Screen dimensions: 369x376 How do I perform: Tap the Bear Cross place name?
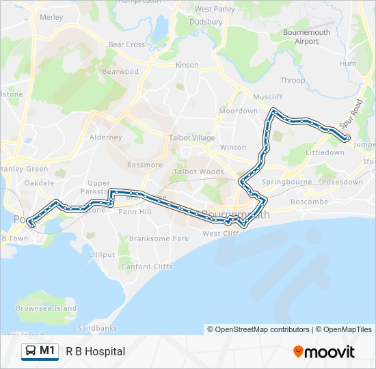(126, 44)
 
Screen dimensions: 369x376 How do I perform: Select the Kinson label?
(187, 65)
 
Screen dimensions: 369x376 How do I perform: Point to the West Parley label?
(215, 9)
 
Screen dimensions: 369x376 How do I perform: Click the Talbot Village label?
(191, 137)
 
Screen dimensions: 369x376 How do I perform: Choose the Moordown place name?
(238, 111)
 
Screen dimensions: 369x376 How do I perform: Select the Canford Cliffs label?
(147, 266)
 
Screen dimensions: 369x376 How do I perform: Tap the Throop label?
(293, 80)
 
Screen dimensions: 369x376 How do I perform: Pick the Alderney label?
(106, 137)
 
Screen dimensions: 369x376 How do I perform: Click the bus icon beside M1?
(30, 351)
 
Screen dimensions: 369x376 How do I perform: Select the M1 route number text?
(47, 351)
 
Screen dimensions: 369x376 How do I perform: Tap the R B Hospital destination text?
(96, 351)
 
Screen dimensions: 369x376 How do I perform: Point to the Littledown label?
(325, 153)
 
